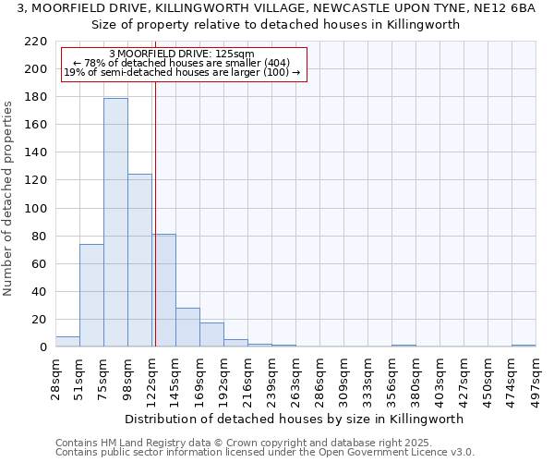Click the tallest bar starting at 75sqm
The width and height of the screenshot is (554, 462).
(115, 222)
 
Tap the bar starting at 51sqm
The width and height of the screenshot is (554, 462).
(91, 296)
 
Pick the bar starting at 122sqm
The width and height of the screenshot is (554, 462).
(164, 290)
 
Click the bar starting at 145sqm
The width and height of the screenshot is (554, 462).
(187, 327)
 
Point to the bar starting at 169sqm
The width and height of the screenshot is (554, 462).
(211, 334)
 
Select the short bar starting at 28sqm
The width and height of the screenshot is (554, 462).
(67, 342)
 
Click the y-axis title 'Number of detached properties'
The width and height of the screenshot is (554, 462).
(8, 199)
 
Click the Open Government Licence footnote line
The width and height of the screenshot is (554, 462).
(264, 452)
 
